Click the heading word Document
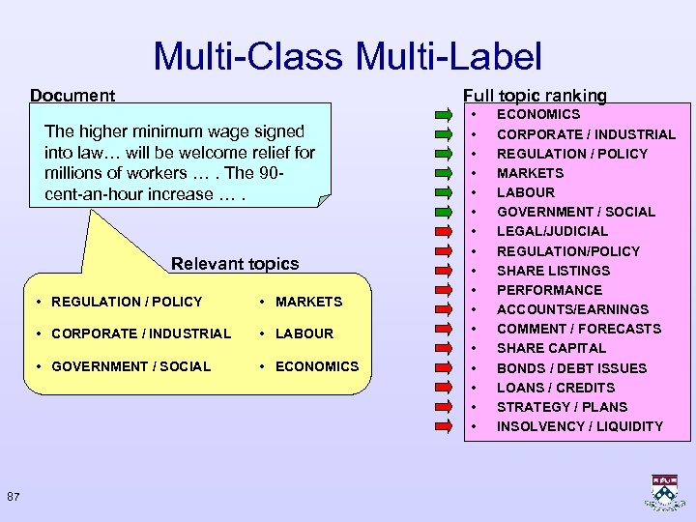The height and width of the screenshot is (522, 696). point(72,96)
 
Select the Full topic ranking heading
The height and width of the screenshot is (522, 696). point(535,96)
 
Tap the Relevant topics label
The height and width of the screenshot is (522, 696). point(234,264)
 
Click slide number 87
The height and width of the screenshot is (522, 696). point(14,497)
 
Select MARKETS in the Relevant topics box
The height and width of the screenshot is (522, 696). point(308,302)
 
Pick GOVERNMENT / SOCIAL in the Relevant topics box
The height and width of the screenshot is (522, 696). point(130,366)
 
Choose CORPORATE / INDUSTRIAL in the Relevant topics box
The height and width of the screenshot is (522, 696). point(141,333)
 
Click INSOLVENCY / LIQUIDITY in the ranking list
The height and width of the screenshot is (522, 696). point(579,426)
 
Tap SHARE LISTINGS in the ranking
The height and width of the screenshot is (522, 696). point(553,271)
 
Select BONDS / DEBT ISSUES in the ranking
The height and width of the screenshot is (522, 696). point(570,368)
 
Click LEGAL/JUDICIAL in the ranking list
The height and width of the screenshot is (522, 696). point(552,231)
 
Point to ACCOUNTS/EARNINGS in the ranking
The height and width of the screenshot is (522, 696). point(572,309)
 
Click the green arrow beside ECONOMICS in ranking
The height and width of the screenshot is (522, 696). point(445,115)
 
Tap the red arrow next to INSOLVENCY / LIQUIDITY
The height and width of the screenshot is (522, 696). point(445,426)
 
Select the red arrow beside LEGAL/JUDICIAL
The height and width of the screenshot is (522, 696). point(445,231)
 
